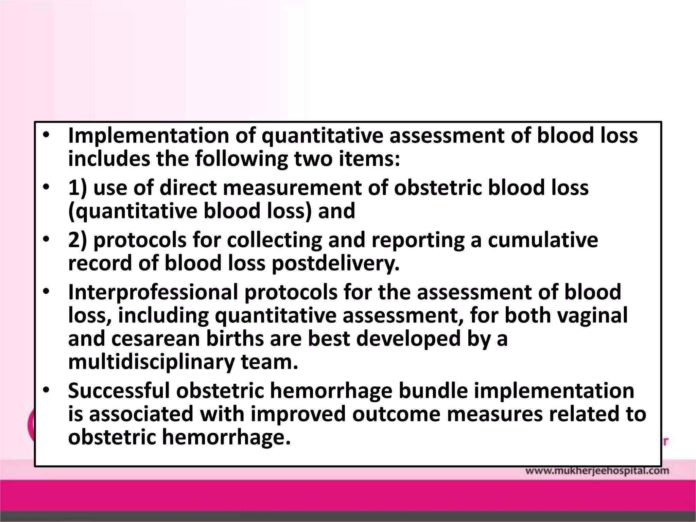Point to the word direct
tap(188, 188)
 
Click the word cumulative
tap(543, 240)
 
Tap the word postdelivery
tap(336, 263)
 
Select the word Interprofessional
tap(153, 292)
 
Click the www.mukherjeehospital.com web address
tap(597, 471)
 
